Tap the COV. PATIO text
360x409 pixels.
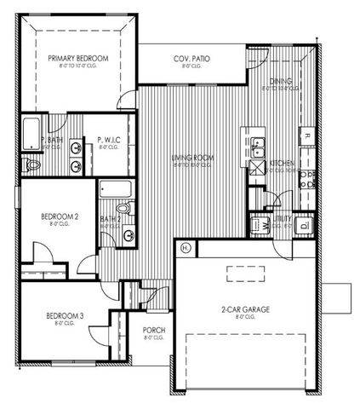(x=191, y=59)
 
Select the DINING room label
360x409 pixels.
(x=282, y=82)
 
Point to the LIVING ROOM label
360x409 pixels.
(x=192, y=158)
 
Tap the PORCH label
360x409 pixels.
(x=154, y=331)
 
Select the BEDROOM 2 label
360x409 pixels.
(x=60, y=216)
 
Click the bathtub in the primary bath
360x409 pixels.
(x=31, y=133)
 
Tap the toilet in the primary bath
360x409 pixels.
(x=32, y=162)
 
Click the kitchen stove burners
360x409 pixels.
(x=307, y=178)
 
